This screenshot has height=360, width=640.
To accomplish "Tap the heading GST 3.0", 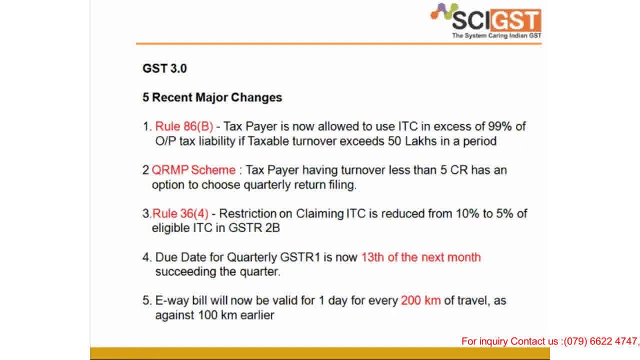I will click(164, 68).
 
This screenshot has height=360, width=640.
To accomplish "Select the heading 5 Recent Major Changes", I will click(212, 97).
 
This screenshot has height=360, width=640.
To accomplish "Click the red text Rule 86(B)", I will click(184, 126).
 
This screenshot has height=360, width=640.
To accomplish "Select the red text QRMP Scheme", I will click(193, 170).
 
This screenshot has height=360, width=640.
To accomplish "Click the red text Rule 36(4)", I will click(180, 213).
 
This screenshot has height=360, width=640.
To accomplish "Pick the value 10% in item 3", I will click(467, 213).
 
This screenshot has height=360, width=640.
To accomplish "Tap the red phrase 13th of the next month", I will click(421, 257).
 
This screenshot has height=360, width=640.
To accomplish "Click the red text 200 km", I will click(420, 301).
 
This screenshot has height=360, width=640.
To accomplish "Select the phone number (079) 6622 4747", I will click(600, 341).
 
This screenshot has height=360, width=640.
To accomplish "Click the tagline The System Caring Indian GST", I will click(496, 36).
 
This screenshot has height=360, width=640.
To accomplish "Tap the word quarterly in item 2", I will click(267, 184).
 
